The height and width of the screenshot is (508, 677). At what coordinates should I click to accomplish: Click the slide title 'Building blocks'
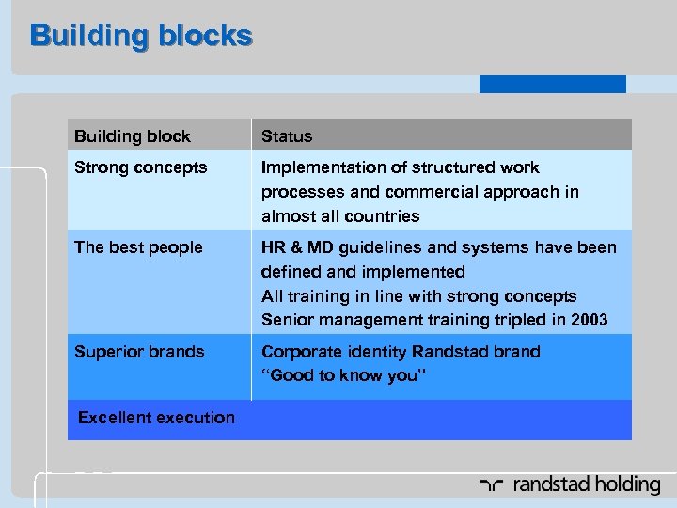tap(141, 36)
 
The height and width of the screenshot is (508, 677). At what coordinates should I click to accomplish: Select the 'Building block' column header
tap(132, 136)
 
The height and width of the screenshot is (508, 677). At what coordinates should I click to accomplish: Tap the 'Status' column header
tap(287, 136)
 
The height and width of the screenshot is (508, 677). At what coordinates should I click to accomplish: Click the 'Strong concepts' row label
tap(140, 167)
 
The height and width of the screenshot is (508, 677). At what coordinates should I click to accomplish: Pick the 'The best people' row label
tap(138, 247)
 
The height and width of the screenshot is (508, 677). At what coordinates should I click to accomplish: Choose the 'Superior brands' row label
tap(139, 352)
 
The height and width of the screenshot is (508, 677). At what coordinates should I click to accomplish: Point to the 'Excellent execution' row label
tap(156, 418)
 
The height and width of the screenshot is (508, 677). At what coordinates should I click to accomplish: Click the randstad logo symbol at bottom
tap(491, 485)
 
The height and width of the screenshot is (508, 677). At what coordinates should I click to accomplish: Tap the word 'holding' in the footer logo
tap(624, 485)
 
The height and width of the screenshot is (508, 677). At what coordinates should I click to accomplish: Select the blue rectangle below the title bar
tap(552, 84)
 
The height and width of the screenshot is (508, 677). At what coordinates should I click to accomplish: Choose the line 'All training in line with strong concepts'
tap(419, 296)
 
